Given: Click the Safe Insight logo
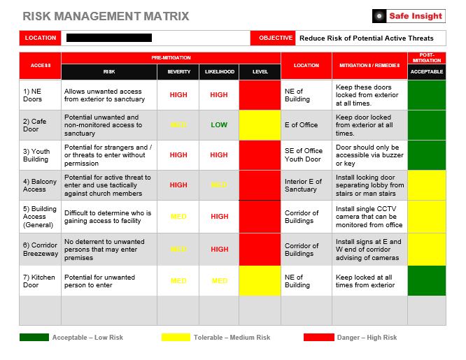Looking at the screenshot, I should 409,16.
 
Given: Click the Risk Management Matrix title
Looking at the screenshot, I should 106,16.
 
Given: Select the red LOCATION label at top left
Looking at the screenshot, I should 40,38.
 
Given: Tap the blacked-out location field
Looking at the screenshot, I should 108,38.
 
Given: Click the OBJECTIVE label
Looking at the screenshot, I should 275,38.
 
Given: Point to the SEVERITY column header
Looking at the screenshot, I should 178,71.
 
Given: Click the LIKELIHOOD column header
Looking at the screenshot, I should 219,71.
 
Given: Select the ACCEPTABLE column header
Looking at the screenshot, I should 426,71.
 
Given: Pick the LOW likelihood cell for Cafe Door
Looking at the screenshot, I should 219,125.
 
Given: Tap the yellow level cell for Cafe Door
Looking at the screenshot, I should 260,125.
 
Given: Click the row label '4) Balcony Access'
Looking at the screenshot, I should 39,185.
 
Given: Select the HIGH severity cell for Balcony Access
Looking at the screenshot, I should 178,185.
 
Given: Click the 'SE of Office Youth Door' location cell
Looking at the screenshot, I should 304,154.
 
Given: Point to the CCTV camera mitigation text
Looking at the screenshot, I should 369,217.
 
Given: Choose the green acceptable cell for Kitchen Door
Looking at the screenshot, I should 426,280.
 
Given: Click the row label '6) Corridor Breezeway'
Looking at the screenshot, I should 39,249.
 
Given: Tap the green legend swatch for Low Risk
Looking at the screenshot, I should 34,338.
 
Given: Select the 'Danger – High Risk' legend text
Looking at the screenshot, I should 367,338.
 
